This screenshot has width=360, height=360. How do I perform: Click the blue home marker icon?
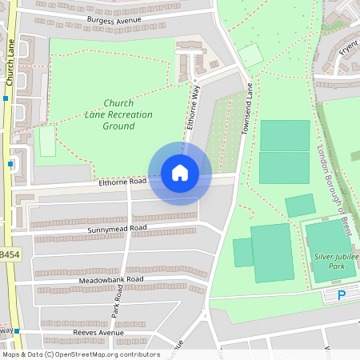[180, 173]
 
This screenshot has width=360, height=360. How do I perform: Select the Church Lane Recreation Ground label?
[118, 114]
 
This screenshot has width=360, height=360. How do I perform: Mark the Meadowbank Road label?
[111, 279]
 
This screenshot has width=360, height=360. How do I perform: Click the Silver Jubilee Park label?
[337, 261]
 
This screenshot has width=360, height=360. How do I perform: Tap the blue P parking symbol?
[342, 295]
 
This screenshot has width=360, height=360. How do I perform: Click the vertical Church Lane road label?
[10, 62]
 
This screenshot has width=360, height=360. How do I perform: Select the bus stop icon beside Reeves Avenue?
[15, 330]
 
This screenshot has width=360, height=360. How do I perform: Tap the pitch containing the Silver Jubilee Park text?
[330, 251]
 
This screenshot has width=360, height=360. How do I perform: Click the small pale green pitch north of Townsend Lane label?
[250, 55]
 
